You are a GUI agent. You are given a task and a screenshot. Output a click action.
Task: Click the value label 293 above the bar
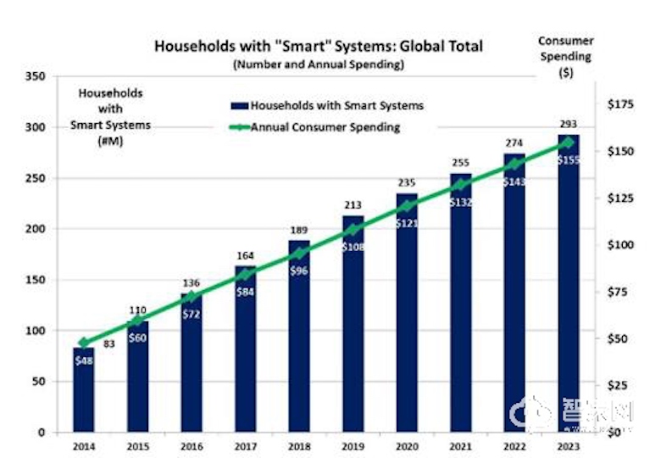pos(569,124)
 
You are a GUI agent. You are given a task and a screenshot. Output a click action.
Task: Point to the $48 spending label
pos(83,360)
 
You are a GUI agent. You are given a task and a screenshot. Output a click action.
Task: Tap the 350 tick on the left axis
pos(36,76)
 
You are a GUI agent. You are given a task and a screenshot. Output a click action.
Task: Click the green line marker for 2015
pos(137,321)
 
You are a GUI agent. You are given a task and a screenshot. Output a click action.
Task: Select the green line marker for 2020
pos(407,205)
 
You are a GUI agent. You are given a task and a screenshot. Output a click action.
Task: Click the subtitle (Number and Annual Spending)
pos(319,64)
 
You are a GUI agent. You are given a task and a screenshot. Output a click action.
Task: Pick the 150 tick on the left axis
pos(36,280)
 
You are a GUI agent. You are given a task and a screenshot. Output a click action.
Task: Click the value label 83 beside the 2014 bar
pos(109,344)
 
